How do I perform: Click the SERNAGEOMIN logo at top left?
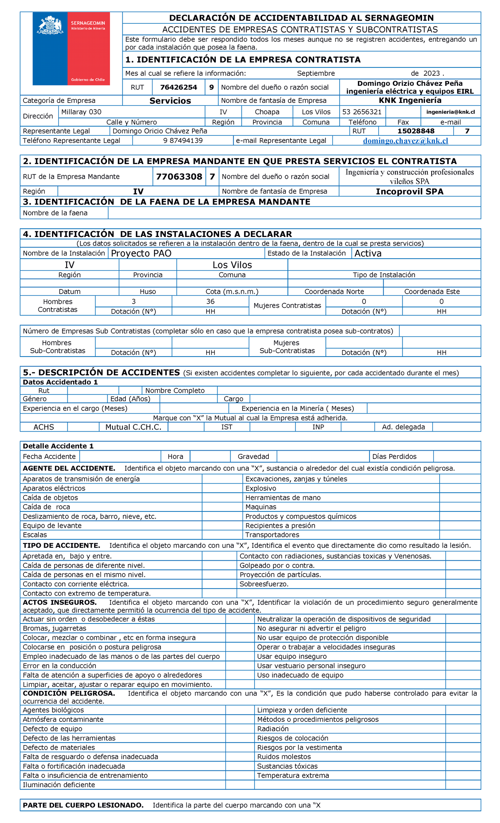tap(71, 48)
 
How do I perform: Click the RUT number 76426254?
tap(179, 87)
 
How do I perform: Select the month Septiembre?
tap(316, 73)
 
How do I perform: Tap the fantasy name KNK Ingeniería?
tap(410, 100)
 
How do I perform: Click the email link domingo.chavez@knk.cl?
tap(405, 141)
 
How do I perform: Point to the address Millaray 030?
tap(81, 112)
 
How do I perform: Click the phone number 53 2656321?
tap(362, 112)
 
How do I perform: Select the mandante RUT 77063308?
tap(179, 177)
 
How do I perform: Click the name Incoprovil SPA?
tap(410, 192)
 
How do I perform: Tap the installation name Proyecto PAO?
tap(141, 253)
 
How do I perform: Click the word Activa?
tap(368, 253)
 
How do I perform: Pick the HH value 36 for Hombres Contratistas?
tap(210, 302)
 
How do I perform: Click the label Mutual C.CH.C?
tap(133, 427)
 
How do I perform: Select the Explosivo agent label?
tap(261, 488)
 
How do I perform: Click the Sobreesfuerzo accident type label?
tap(264, 584)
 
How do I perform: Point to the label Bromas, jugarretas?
tap(55, 628)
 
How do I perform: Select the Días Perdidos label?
tap(394, 456)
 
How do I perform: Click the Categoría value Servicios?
tap(170, 101)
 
